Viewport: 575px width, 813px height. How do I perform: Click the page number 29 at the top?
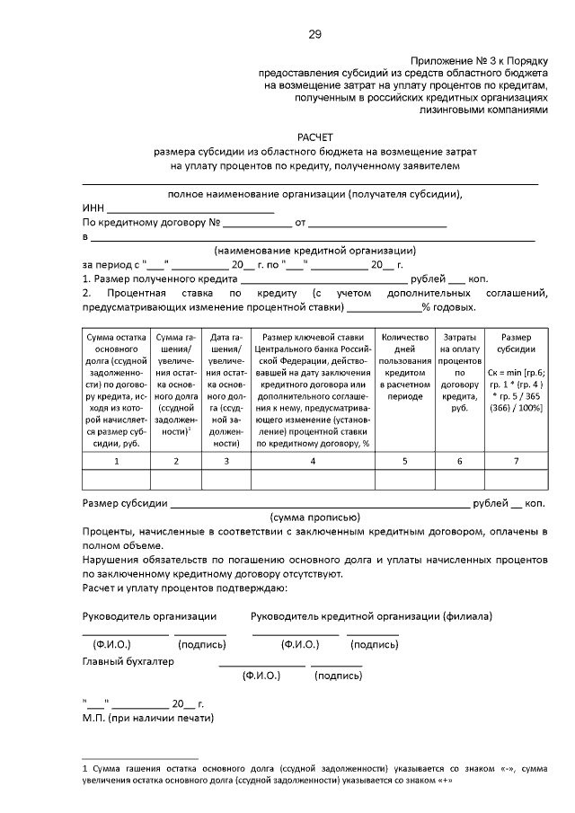pyautogui.click(x=314, y=34)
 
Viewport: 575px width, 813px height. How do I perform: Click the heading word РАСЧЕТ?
pyautogui.click(x=314, y=137)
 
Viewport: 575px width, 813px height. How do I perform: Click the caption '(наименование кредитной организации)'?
pyautogui.click(x=314, y=251)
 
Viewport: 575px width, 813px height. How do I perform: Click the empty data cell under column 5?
pyautogui.click(x=404, y=480)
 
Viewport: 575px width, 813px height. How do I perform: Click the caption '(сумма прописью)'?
pyautogui.click(x=314, y=517)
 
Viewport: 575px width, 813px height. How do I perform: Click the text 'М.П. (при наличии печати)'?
pyautogui.click(x=148, y=719)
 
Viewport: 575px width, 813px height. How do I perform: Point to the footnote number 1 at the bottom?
pyautogui.click(x=84, y=768)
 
